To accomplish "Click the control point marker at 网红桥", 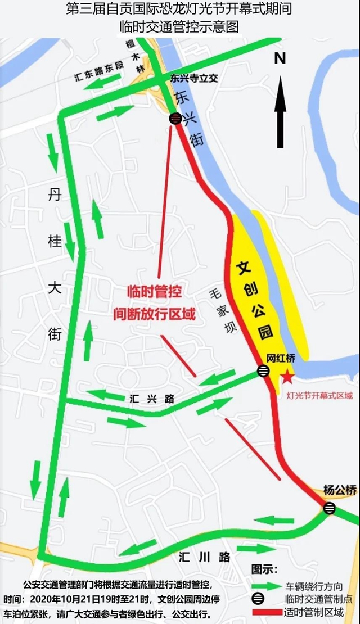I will tap(263, 371).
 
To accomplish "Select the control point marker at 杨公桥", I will tap(330, 508).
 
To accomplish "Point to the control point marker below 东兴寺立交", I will tap(175, 118).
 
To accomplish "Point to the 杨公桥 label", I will tap(340, 490).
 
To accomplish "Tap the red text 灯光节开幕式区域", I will tap(319, 395).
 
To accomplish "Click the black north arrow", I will tap(281, 110).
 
